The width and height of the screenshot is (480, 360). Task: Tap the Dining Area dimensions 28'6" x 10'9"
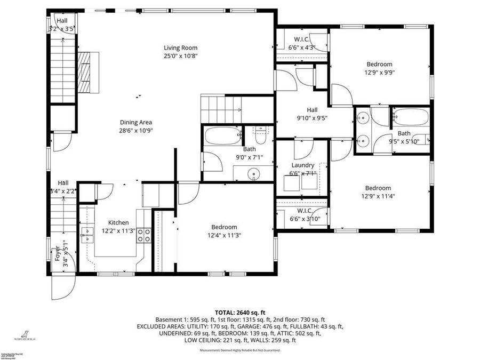tap(135, 130)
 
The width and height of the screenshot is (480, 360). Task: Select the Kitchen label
tap(118, 222)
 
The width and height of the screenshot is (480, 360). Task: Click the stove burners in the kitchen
tap(144, 236)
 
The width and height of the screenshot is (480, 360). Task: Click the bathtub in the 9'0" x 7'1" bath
tap(221, 137)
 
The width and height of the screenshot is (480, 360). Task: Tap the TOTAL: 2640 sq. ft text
tap(239, 313)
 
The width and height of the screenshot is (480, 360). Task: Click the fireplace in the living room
tap(87, 72)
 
